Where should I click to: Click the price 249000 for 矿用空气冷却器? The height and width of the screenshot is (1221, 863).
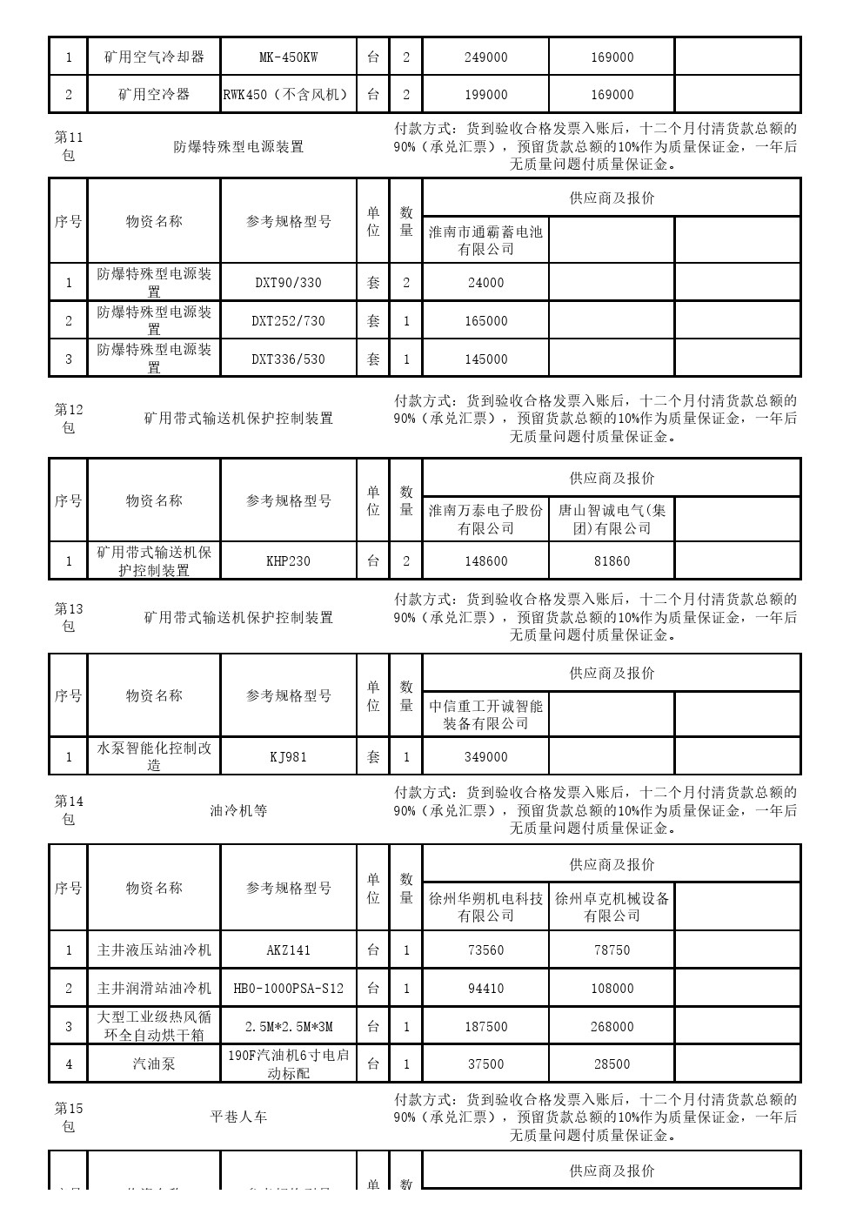[x=485, y=57]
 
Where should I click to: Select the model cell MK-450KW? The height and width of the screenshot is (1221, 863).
[x=288, y=57]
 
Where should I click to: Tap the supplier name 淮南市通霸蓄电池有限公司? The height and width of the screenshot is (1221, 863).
[x=485, y=240]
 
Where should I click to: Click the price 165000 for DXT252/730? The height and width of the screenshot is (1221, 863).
[x=485, y=321]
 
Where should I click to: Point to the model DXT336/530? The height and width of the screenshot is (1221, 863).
[x=288, y=359]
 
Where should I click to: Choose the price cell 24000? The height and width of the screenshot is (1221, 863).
[x=485, y=283]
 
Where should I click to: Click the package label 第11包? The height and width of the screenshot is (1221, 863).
[x=68, y=146]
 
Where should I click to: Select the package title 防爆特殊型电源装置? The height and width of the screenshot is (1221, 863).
[x=238, y=147]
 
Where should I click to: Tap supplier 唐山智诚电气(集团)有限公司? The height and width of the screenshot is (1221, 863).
[x=612, y=519]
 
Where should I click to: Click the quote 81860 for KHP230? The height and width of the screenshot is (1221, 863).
[x=612, y=561]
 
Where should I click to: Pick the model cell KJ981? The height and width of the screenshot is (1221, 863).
[x=288, y=757]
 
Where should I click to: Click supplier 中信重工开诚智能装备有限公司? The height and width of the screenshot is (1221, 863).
[x=485, y=714]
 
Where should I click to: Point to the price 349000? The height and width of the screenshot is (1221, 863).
[x=485, y=757]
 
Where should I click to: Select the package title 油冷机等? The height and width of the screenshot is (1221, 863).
[x=238, y=811]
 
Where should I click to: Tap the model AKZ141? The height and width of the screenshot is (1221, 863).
[x=288, y=950]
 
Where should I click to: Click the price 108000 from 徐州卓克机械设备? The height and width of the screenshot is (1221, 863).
[x=612, y=989]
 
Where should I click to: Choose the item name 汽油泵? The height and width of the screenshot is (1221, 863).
[x=154, y=1063]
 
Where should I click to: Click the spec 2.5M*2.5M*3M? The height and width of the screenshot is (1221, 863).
[x=288, y=1027]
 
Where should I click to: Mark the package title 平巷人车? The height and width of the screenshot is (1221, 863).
[x=238, y=1117]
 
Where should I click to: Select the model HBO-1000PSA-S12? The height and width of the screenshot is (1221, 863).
[x=288, y=989]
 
